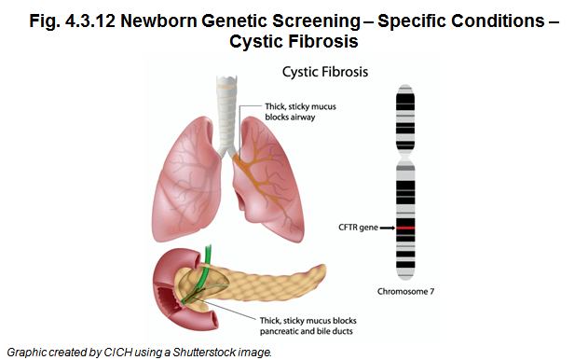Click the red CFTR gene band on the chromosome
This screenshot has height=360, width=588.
(x=406, y=228)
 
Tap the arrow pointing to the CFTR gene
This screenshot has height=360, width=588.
(x=388, y=228)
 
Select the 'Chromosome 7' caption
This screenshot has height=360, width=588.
(x=406, y=292)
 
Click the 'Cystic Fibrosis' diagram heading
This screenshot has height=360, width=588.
(x=323, y=71)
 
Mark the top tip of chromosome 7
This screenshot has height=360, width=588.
(x=406, y=87)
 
